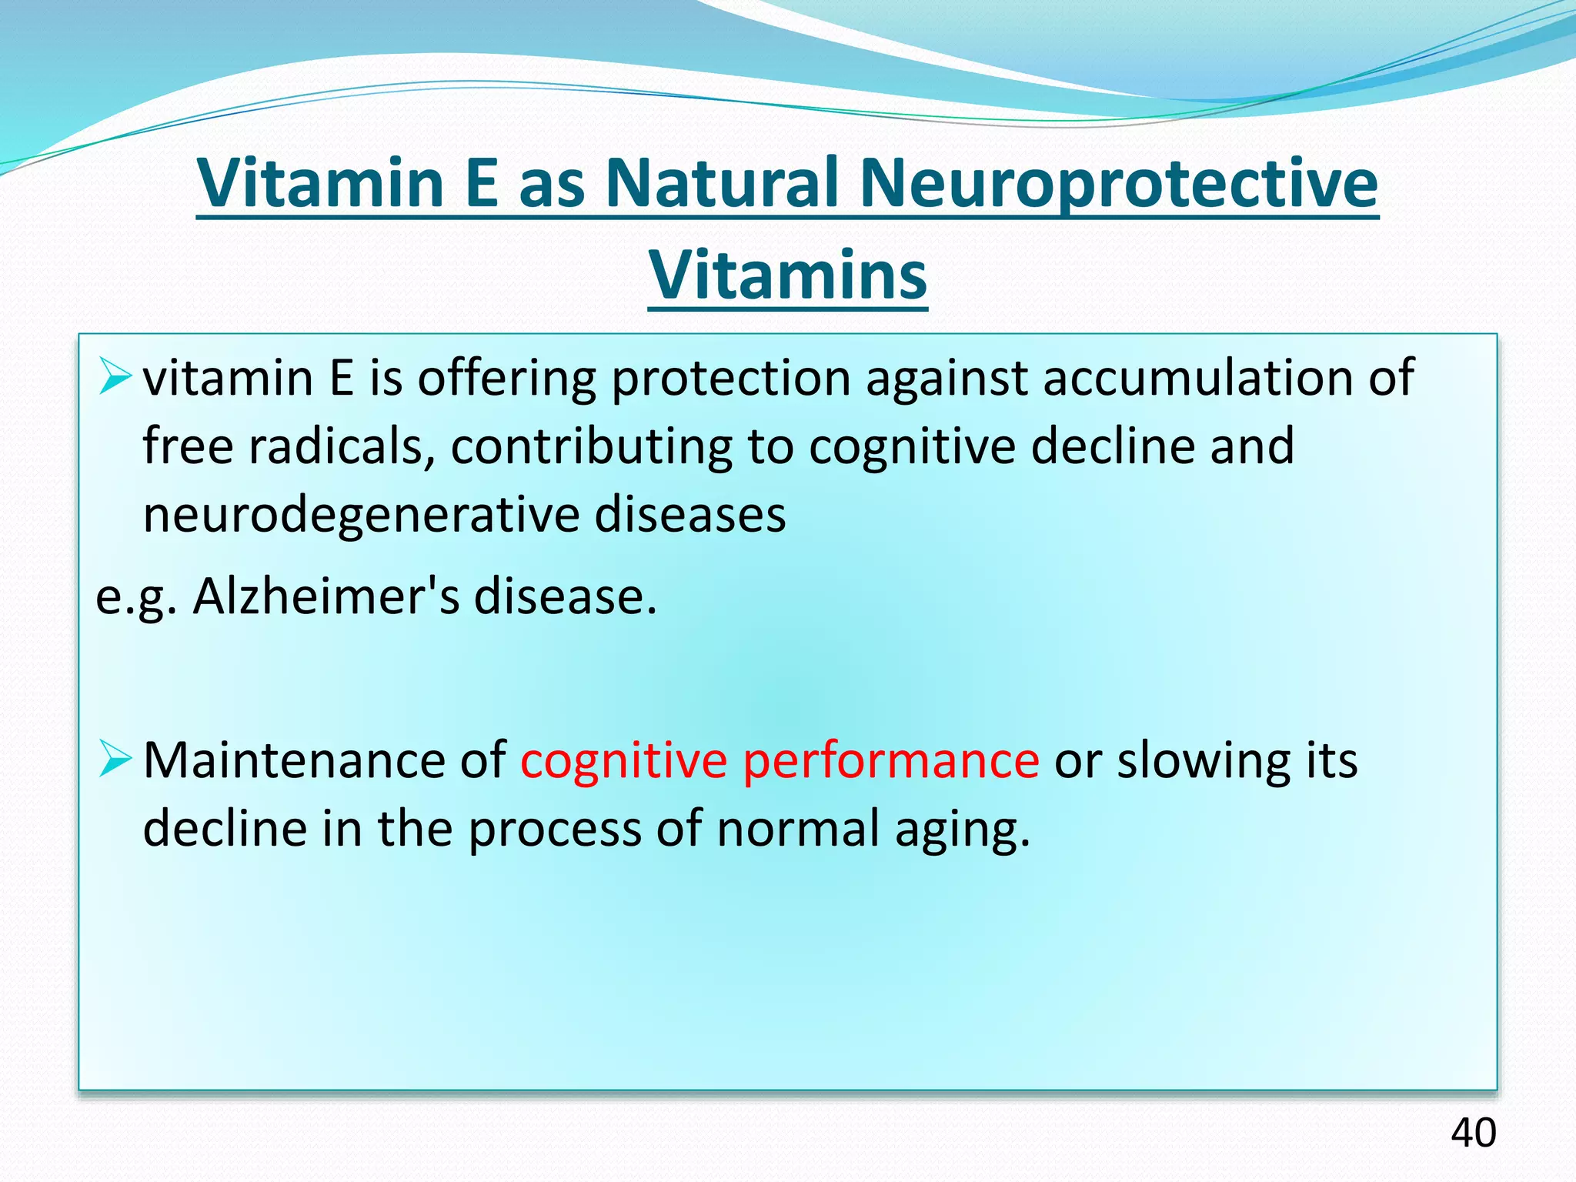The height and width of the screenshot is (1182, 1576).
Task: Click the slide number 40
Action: click(x=1473, y=1133)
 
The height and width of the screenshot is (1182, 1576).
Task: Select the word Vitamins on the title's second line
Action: click(x=788, y=275)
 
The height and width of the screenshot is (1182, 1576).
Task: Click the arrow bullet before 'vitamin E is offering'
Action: click(x=116, y=378)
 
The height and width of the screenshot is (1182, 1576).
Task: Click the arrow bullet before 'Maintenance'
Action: click(x=116, y=760)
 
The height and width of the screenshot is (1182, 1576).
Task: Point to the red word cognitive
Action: click(x=623, y=761)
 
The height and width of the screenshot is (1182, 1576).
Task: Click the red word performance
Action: click(x=890, y=761)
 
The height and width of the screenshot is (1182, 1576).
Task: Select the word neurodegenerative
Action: click(x=361, y=515)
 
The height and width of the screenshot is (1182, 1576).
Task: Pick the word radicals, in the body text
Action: click(x=342, y=446)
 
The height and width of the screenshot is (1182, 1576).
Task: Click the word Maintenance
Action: click(x=294, y=761)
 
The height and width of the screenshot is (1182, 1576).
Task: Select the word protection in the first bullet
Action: click(x=730, y=378)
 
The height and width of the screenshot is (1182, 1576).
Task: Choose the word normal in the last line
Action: click(x=798, y=830)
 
